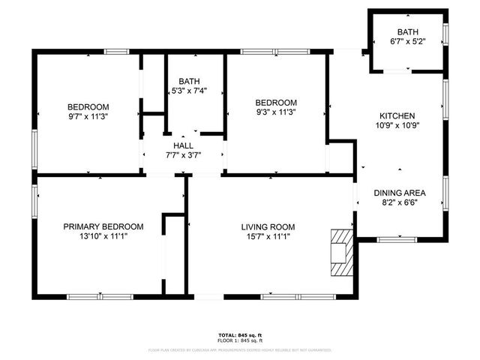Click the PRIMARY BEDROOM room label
click(x=103, y=226)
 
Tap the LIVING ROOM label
click(x=268, y=226)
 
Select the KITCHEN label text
click(x=397, y=115)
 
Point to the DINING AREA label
click(x=400, y=193)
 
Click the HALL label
click(x=184, y=145)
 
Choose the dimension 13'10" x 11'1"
click(x=103, y=237)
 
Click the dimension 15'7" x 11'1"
click(x=268, y=237)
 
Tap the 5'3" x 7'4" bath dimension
click(x=188, y=91)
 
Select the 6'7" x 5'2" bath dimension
click(x=408, y=42)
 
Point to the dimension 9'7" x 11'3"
click(x=88, y=116)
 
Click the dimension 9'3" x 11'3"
click(x=276, y=113)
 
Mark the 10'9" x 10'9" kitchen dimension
click(x=397, y=126)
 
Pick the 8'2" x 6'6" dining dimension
click(x=400, y=202)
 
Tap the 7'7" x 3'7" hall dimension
click(x=184, y=155)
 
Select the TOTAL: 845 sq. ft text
click(x=240, y=334)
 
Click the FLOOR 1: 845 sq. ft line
click(x=240, y=340)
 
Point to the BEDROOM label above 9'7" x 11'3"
click(x=88, y=106)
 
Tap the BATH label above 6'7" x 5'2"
click(x=408, y=32)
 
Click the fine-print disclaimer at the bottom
click(x=240, y=349)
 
